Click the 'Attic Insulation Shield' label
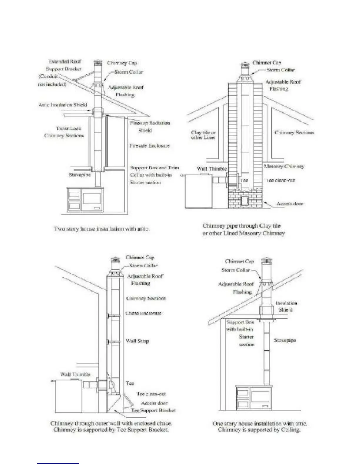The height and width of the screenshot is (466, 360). point(63,105)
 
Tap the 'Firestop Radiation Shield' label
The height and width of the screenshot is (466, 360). point(150,127)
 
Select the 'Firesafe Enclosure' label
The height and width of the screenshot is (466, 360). point(150,146)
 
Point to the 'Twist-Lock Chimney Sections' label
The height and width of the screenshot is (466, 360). point(64,132)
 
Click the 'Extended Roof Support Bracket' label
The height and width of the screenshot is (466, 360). point(64,65)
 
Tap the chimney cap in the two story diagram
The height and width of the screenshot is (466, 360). point(98,63)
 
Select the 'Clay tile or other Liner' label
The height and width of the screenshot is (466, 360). point(203,135)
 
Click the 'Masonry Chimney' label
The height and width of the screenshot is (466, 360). point(284,167)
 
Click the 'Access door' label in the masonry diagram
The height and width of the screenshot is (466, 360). point(290,204)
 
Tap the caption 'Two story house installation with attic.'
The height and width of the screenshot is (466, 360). point(102,229)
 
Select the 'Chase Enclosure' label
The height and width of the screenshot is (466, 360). point(144,313)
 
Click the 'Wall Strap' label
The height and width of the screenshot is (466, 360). point(137,341)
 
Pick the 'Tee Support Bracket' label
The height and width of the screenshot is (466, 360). point(153,410)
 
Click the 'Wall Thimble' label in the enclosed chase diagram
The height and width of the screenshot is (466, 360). point(75,374)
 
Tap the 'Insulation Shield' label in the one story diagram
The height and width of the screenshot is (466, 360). point(286,306)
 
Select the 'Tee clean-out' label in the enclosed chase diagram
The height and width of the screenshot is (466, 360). point(151,394)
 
